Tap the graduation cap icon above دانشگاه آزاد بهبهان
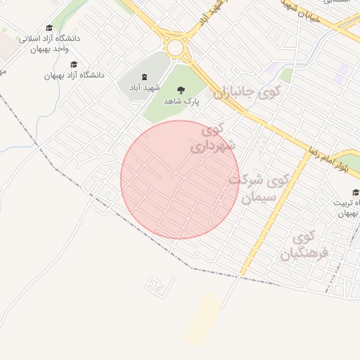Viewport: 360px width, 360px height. coord(74,65)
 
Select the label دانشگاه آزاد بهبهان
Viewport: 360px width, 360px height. coord(74,75)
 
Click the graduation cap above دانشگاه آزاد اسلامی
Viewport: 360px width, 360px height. coord(49,28)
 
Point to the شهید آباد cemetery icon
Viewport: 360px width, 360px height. coord(144,77)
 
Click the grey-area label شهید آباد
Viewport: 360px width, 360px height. coord(143,88)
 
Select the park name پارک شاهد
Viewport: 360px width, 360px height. coord(182,101)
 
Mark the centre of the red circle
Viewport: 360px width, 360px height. coord(179,179)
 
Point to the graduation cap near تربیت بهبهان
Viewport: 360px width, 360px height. coord(356,192)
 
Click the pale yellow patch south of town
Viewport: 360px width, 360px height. coord(202,320)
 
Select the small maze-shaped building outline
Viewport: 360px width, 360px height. coord(159,285)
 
